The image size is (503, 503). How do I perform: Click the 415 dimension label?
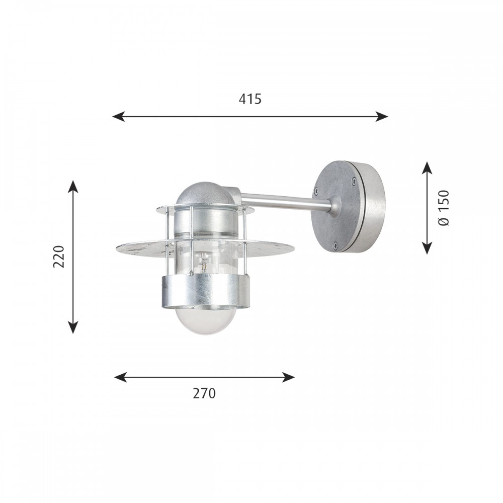click(x=250, y=99)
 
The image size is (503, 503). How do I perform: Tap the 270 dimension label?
click(x=204, y=393)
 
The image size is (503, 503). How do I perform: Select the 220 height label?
click(x=59, y=257)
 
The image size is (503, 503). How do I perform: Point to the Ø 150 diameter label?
click(x=444, y=208)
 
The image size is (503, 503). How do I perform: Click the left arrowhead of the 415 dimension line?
click(x=118, y=117)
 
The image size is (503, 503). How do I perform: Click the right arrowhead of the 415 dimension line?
click(x=382, y=117)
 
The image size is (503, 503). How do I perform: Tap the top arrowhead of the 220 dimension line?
click(x=73, y=187)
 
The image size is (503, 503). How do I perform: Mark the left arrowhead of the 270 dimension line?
click(x=121, y=377)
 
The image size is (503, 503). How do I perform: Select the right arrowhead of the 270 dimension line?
click(x=288, y=377)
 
